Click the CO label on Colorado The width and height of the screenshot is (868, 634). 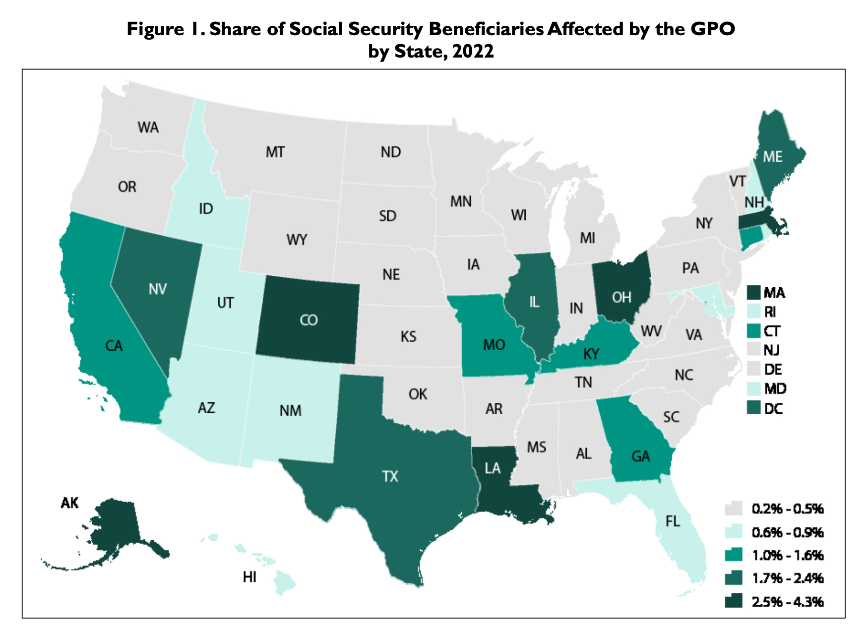click(x=309, y=320)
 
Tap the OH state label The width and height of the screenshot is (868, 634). click(x=621, y=298)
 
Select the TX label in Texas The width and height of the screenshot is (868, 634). click(x=390, y=477)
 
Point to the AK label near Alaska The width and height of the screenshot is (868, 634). click(x=69, y=503)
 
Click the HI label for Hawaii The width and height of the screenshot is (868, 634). click(x=249, y=577)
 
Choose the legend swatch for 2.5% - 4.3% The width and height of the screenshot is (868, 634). click(x=733, y=601)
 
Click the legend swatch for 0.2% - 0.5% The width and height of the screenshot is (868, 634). click(x=733, y=509)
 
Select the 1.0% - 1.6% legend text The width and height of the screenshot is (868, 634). click(x=788, y=555)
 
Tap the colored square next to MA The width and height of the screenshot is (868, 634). click(x=753, y=293)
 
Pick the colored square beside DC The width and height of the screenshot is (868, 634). click(x=753, y=408)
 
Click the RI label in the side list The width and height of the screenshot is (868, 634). click(x=770, y=312)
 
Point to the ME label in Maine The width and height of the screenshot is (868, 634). click(x=772, y=157)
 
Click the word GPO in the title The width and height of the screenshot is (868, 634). click(x=712, y=29)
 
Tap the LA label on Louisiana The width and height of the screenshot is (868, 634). click(x=493, y=468)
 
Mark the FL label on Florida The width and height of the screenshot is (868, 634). click(x=673, y=521)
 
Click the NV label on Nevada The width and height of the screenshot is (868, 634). click(x=158, y=289)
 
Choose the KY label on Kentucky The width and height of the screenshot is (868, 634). click(x=591, y=354)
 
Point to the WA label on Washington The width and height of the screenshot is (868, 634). click(x=148, y=127)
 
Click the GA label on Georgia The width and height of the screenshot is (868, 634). click(x=640, y=456)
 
